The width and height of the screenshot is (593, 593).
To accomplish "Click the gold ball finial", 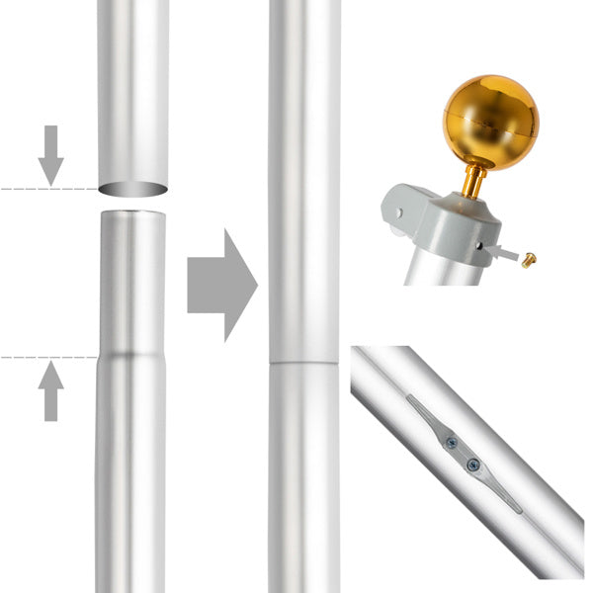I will coord(490,121).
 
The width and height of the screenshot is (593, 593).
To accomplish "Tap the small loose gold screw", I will coord(530,260).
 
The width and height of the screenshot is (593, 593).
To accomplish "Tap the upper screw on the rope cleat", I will coord(452,444).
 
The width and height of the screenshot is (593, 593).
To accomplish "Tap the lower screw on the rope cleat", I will coord(472,464).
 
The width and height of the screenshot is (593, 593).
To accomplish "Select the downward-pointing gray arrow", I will coord(51,154).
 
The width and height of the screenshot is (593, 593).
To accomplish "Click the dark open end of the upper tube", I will coord(132,189).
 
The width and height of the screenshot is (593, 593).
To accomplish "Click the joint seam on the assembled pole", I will coord(304,363).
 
